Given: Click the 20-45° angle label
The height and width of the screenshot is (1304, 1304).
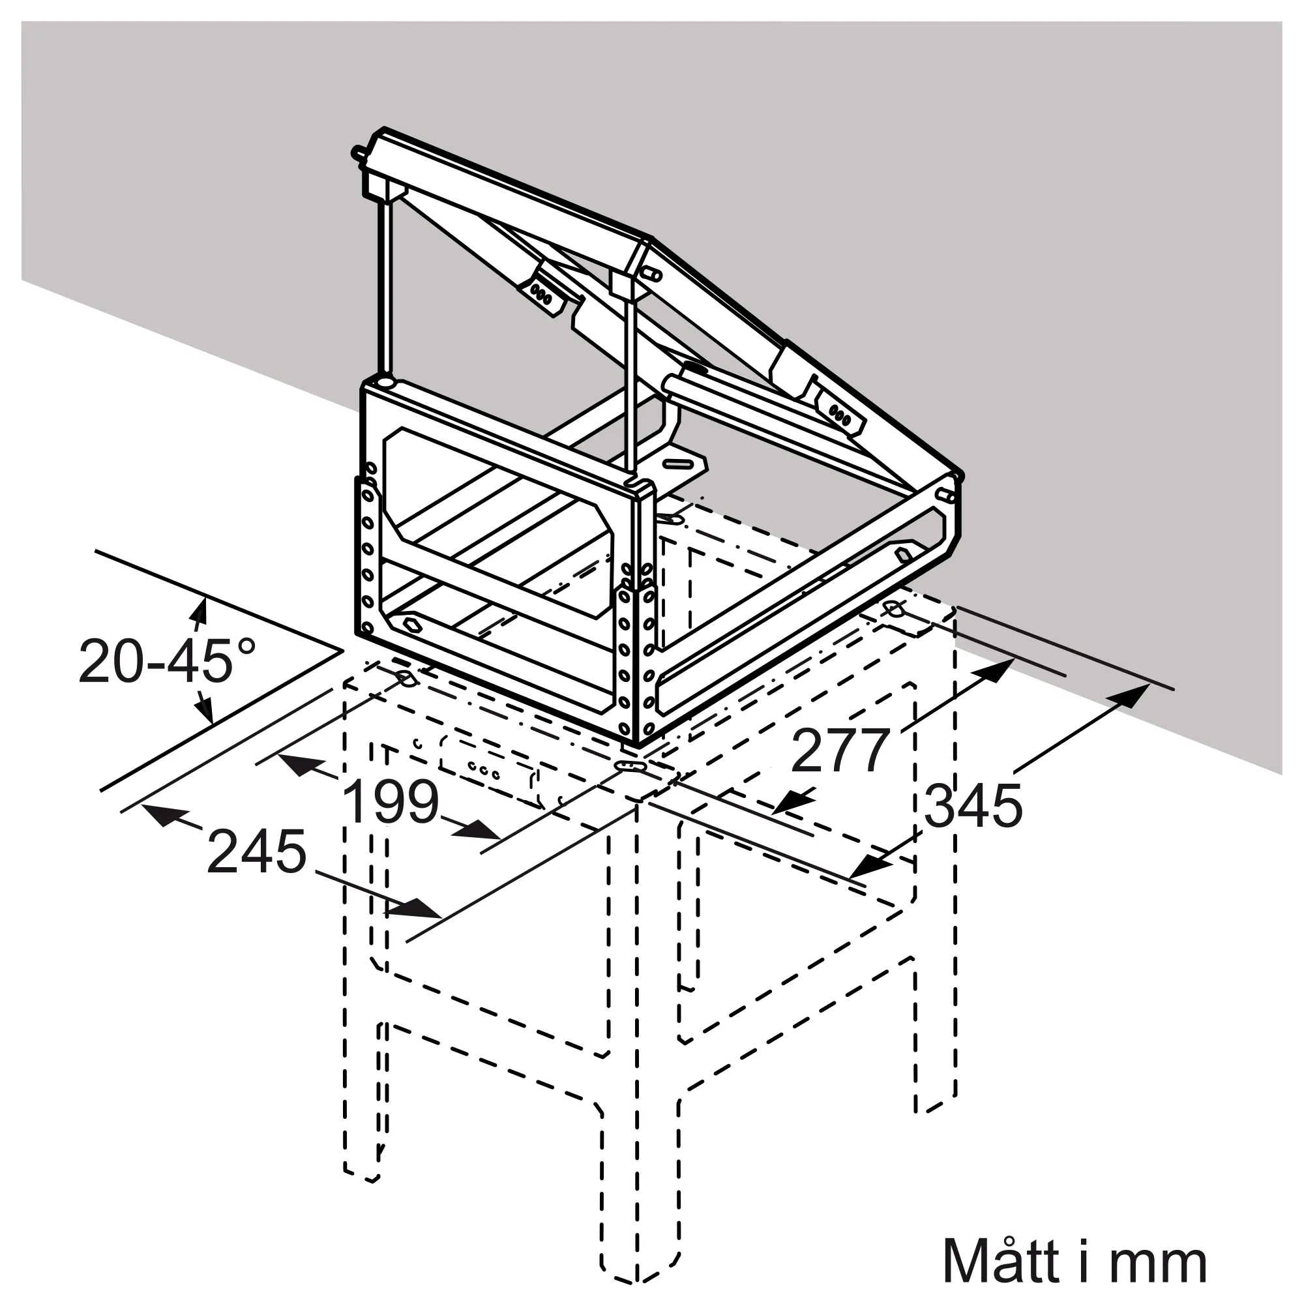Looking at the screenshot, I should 167,660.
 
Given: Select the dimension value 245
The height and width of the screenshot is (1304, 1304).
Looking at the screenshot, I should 256,852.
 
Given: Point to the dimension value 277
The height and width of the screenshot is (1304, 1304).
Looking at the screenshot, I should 840,750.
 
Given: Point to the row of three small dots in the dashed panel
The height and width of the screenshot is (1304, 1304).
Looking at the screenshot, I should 484,770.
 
